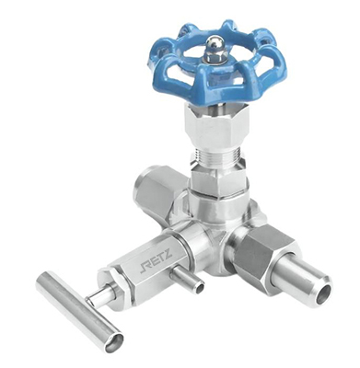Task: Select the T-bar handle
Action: coord(79,310)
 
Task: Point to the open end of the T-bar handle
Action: coord(113,341)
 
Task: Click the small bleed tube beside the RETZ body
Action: coord(189,279)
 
